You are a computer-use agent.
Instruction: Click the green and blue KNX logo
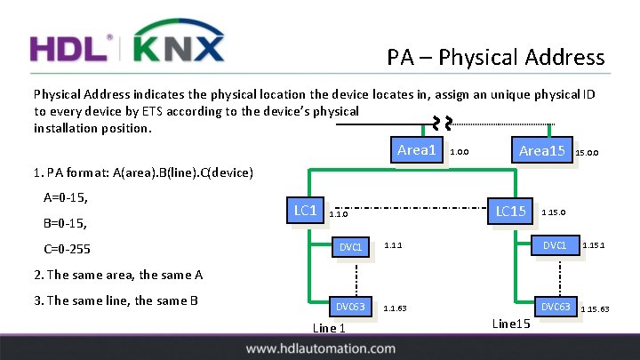point(178,43)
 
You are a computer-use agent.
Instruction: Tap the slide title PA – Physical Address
point(496,59)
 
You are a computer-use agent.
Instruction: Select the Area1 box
point(416,150)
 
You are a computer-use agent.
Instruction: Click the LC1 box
point(305,211)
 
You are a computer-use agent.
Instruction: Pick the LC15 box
point(510,211)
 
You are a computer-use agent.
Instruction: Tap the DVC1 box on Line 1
point(351,246)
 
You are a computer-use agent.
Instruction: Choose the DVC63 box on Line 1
point(349,307)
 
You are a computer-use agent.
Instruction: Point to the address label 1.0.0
point(460,153)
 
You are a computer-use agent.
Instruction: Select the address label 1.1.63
point(396,309)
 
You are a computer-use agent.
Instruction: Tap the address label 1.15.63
point(595,309)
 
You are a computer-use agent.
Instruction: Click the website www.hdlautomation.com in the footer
point(320,349)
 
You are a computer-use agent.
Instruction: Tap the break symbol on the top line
point(442,124)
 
